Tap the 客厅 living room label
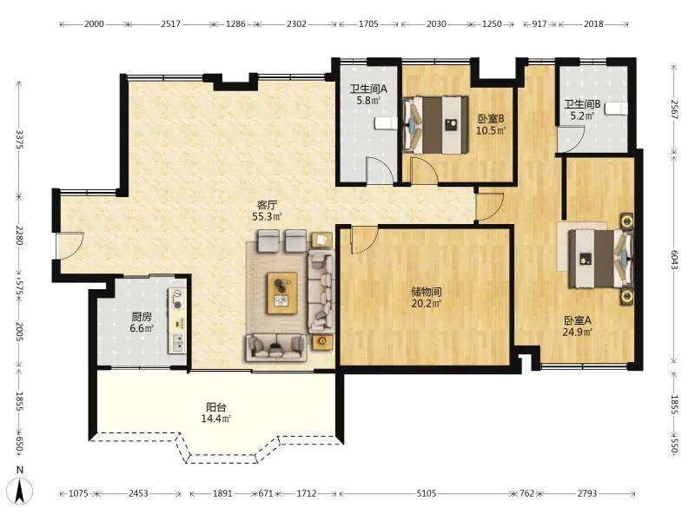click(268, 205)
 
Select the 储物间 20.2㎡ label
click(426, 298)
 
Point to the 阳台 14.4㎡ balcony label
click(216, 412)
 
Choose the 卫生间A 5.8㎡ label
click(368, 95)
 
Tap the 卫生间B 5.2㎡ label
click(582, 110)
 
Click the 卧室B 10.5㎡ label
click(491, 125)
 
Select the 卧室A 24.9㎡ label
click(578, 326)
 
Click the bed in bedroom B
click(436, 125)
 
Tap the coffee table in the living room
click(281, 293)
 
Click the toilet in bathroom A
click(385, 123)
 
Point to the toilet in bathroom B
click(618, 109)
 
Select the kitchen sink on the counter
click(178, 342)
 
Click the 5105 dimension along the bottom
click(427, 493)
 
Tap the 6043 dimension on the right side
click(674, 260)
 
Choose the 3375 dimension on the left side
click(19, 139)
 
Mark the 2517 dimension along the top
click(170, 24)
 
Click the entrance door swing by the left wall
click(70, 246)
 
